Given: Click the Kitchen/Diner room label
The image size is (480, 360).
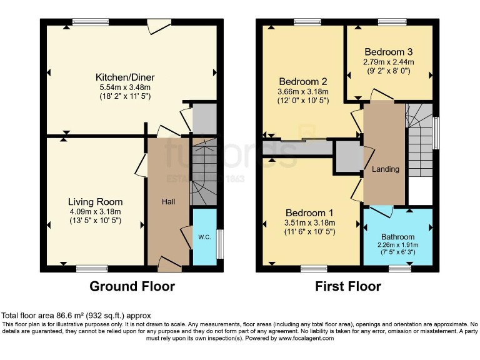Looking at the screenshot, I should point(125,77).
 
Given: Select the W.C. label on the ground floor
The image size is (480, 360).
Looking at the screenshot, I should point(204,237).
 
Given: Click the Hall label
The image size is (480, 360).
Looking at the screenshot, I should point(168,202).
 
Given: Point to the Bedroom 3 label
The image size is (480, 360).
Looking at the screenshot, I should point(388,52).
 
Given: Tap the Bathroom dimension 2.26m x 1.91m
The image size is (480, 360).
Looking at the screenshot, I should point(398,245).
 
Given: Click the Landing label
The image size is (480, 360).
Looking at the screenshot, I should point(385,169).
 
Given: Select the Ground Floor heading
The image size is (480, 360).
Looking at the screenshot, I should point(132,287).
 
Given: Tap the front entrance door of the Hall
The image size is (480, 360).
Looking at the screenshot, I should point(170,264).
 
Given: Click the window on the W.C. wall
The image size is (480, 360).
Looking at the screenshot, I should point(219,245).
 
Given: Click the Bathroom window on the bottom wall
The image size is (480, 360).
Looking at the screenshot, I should point(398,269).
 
